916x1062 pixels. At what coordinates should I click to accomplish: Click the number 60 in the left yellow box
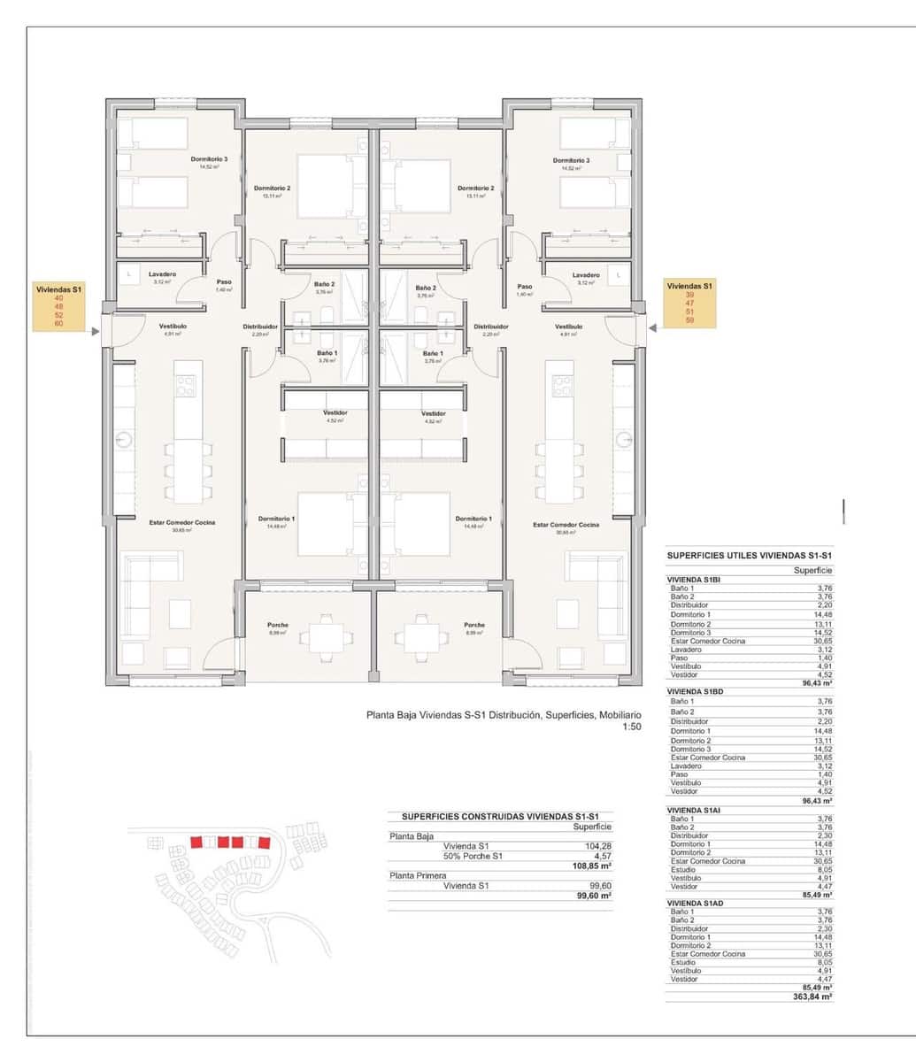coord(59,323)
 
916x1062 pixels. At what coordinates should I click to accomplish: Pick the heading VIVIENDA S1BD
coord(696,691)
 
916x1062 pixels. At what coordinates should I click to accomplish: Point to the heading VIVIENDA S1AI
coord(694,810)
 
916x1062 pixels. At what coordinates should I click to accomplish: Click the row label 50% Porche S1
coord(473,856)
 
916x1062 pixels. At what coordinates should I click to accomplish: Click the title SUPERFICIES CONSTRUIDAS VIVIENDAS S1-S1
coord(500,817)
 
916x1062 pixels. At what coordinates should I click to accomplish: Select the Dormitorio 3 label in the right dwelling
coord(571,160)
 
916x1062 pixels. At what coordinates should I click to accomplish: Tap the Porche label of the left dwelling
coord(278,625)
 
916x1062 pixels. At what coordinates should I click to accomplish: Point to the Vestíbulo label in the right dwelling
coord(569,326)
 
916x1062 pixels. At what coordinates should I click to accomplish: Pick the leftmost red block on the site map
coord(196,842)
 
